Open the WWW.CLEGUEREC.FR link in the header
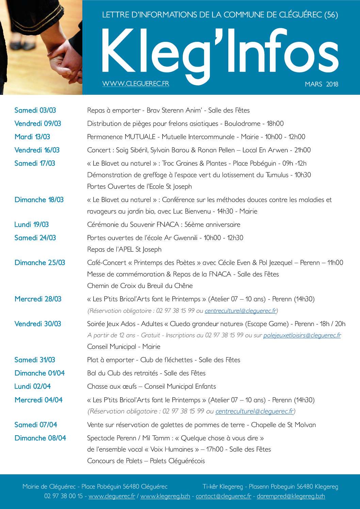pos(135,84)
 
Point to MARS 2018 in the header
pos(321,84)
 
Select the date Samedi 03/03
pos(35,110)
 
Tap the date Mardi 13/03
pos(32,137)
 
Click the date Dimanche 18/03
pos(39,200)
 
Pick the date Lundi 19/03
pos(31,224)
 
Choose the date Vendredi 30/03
pos(38,324)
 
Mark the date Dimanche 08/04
pos(40,438)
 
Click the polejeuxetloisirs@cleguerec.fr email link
pos(302,335)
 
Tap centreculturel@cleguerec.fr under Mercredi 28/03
pos(241,310)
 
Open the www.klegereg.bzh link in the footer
pos(165,496)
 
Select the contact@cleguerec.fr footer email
pos(223,496)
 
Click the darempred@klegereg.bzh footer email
pos(291,496)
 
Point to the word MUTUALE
pos(140,137)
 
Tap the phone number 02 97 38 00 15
pos(63,496)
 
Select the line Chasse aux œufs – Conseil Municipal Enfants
pos(151,386)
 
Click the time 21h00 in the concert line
pos(302,150)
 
